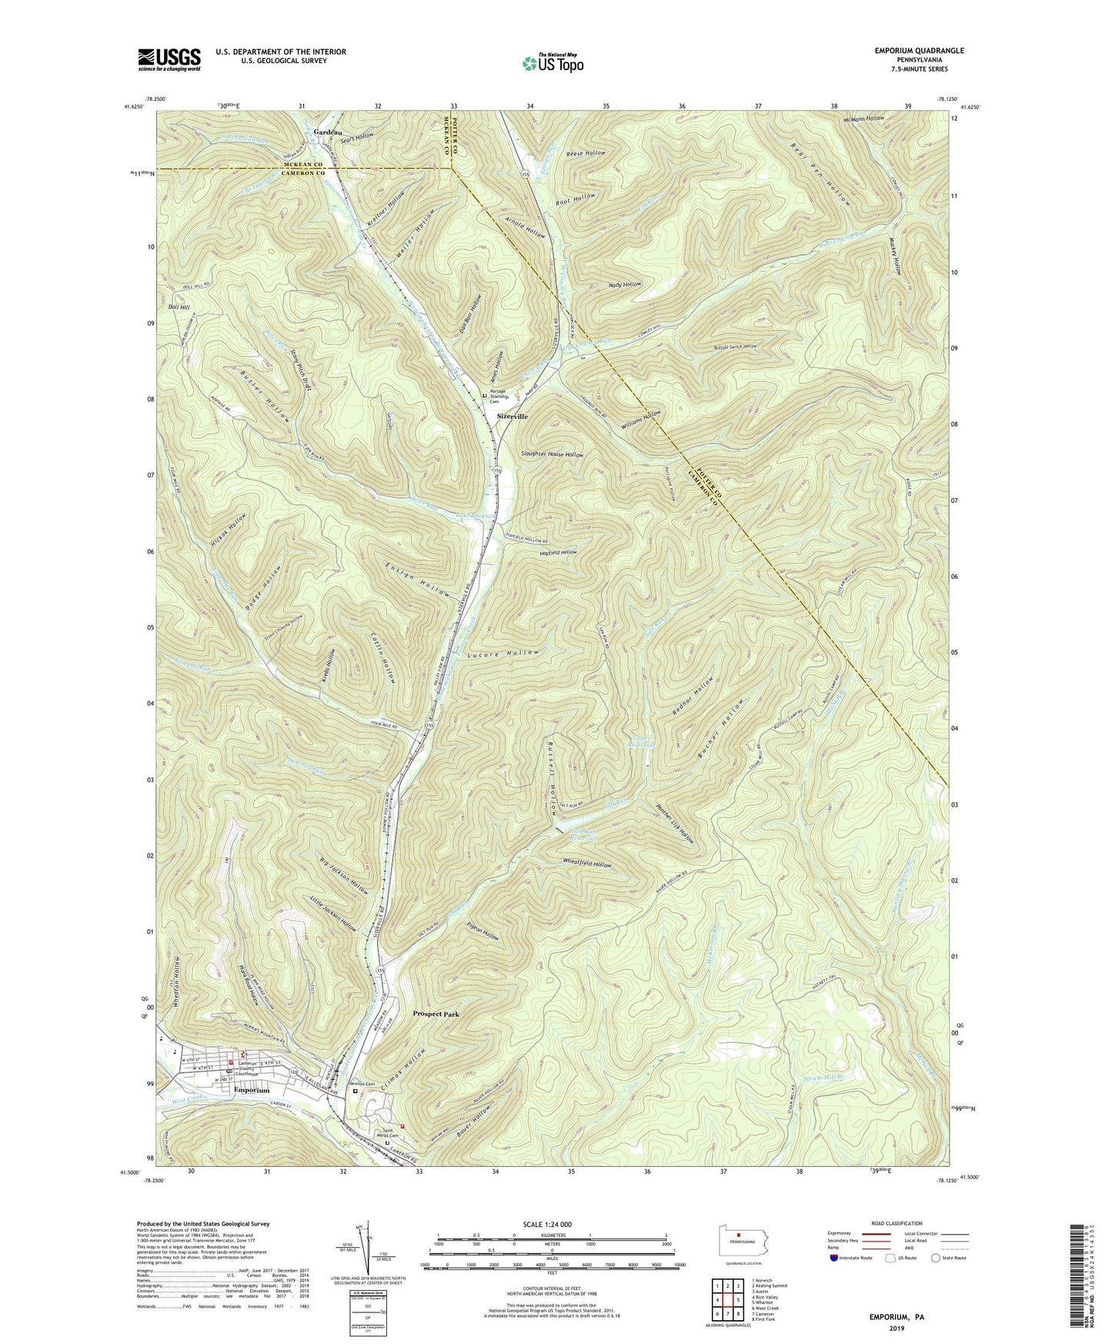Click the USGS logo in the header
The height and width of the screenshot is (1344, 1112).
click(169, 59)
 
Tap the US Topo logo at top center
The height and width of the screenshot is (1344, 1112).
click(552, 63)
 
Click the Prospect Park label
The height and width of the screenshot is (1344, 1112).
click(436, 1014)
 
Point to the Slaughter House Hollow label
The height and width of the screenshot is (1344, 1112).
click(552, 454)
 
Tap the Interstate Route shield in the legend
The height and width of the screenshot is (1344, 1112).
click(837, 1258)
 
